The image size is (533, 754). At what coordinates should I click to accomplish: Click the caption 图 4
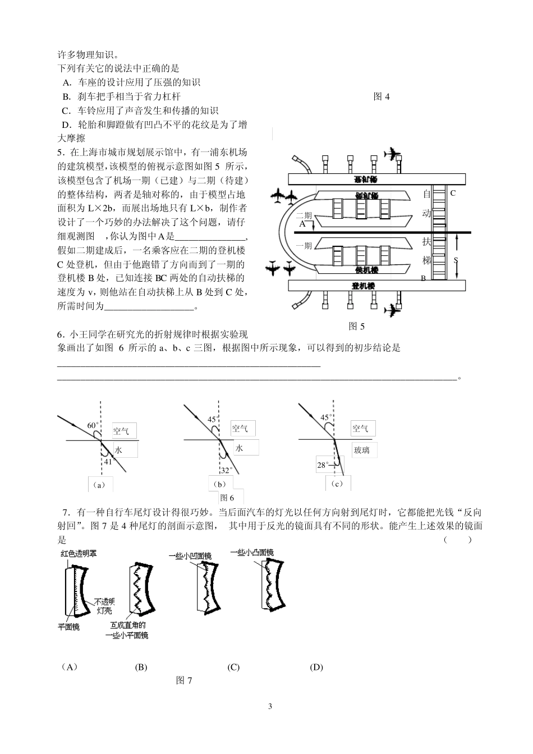[382, 96]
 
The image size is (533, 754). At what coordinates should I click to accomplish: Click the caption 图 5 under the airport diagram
[356, 325]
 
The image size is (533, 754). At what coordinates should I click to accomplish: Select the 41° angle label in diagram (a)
[109, 461]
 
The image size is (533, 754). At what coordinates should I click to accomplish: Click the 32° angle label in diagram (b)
[226, 470]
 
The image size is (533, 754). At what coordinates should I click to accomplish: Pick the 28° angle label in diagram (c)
[323, 465]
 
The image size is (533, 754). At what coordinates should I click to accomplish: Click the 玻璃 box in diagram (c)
[361, 450]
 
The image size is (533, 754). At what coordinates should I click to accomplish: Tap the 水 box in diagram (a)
[118, 450]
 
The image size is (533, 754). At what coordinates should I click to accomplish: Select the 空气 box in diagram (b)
[240, 429]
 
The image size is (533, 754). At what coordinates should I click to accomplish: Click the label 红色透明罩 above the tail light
[79, 554]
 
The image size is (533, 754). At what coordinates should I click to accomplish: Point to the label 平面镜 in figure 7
[69, 627]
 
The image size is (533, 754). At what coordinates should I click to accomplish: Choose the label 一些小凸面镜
[252, 553]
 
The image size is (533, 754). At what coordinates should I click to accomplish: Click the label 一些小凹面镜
[190, 555]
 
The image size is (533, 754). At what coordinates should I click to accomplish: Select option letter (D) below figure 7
[316, 667]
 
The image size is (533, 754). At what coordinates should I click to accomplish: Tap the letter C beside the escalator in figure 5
[453, 193]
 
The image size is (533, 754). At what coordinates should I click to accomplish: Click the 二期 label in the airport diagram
[304, 215]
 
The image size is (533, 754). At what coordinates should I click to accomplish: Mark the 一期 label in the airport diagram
[304, 245]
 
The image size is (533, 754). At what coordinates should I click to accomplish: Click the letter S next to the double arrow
[456, 260]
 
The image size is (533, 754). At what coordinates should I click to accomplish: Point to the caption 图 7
[184, 681]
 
